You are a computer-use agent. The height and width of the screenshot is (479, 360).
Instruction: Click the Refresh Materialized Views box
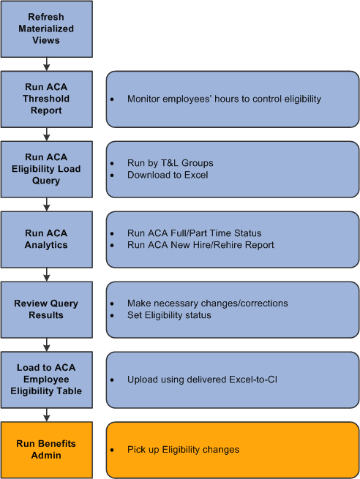pos(47,29)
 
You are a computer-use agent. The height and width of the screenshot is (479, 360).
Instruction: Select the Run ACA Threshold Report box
pos(47,99)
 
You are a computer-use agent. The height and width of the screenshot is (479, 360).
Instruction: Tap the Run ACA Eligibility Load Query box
pos(47,169)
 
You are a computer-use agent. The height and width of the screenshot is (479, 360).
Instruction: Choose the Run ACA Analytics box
pos(47,239)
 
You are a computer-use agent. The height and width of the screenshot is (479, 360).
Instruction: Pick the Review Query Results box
pos(47,309)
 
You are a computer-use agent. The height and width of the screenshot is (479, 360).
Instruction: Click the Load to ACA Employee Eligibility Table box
pos(47,380)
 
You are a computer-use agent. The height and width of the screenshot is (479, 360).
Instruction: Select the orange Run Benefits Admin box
pos(47,449)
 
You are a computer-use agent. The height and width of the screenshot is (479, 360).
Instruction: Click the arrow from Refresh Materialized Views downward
pos(47,64)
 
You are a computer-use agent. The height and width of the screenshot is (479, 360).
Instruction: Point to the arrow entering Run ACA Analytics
pos(47,204)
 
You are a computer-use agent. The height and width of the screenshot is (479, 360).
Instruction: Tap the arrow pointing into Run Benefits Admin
pos(47,415)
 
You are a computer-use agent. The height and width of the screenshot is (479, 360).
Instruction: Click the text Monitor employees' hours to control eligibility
pos(224,99)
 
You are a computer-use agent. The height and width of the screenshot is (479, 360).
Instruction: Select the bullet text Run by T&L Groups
pos(170,163)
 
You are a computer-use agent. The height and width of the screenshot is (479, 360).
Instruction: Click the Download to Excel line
pos(168,175)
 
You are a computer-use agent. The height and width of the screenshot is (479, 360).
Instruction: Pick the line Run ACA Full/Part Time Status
pos(194,233)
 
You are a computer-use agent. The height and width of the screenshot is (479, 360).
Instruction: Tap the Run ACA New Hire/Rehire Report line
pos(200,245)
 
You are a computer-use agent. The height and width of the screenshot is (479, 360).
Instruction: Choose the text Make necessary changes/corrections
pos(207,303)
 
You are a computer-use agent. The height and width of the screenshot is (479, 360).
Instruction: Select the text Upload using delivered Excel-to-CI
pos(203,380)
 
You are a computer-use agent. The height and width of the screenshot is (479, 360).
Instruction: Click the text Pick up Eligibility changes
pos(183,450)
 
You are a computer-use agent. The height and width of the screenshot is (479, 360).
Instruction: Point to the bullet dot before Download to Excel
pos(112,176)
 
